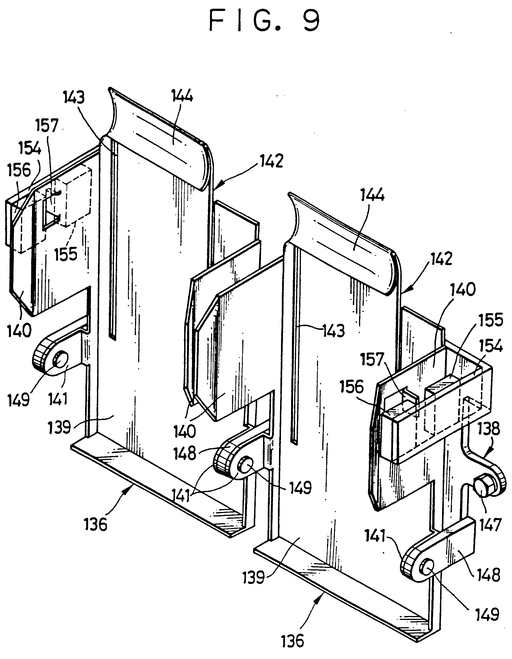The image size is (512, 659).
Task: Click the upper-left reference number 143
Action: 74,98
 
